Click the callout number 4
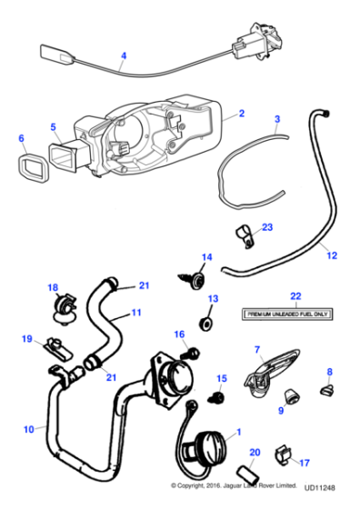[123, 56]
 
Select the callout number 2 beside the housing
[241, 114]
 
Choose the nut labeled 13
[207, 323]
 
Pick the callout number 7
[256, 349]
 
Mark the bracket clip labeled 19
[54, 347]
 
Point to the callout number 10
[28, 428]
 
